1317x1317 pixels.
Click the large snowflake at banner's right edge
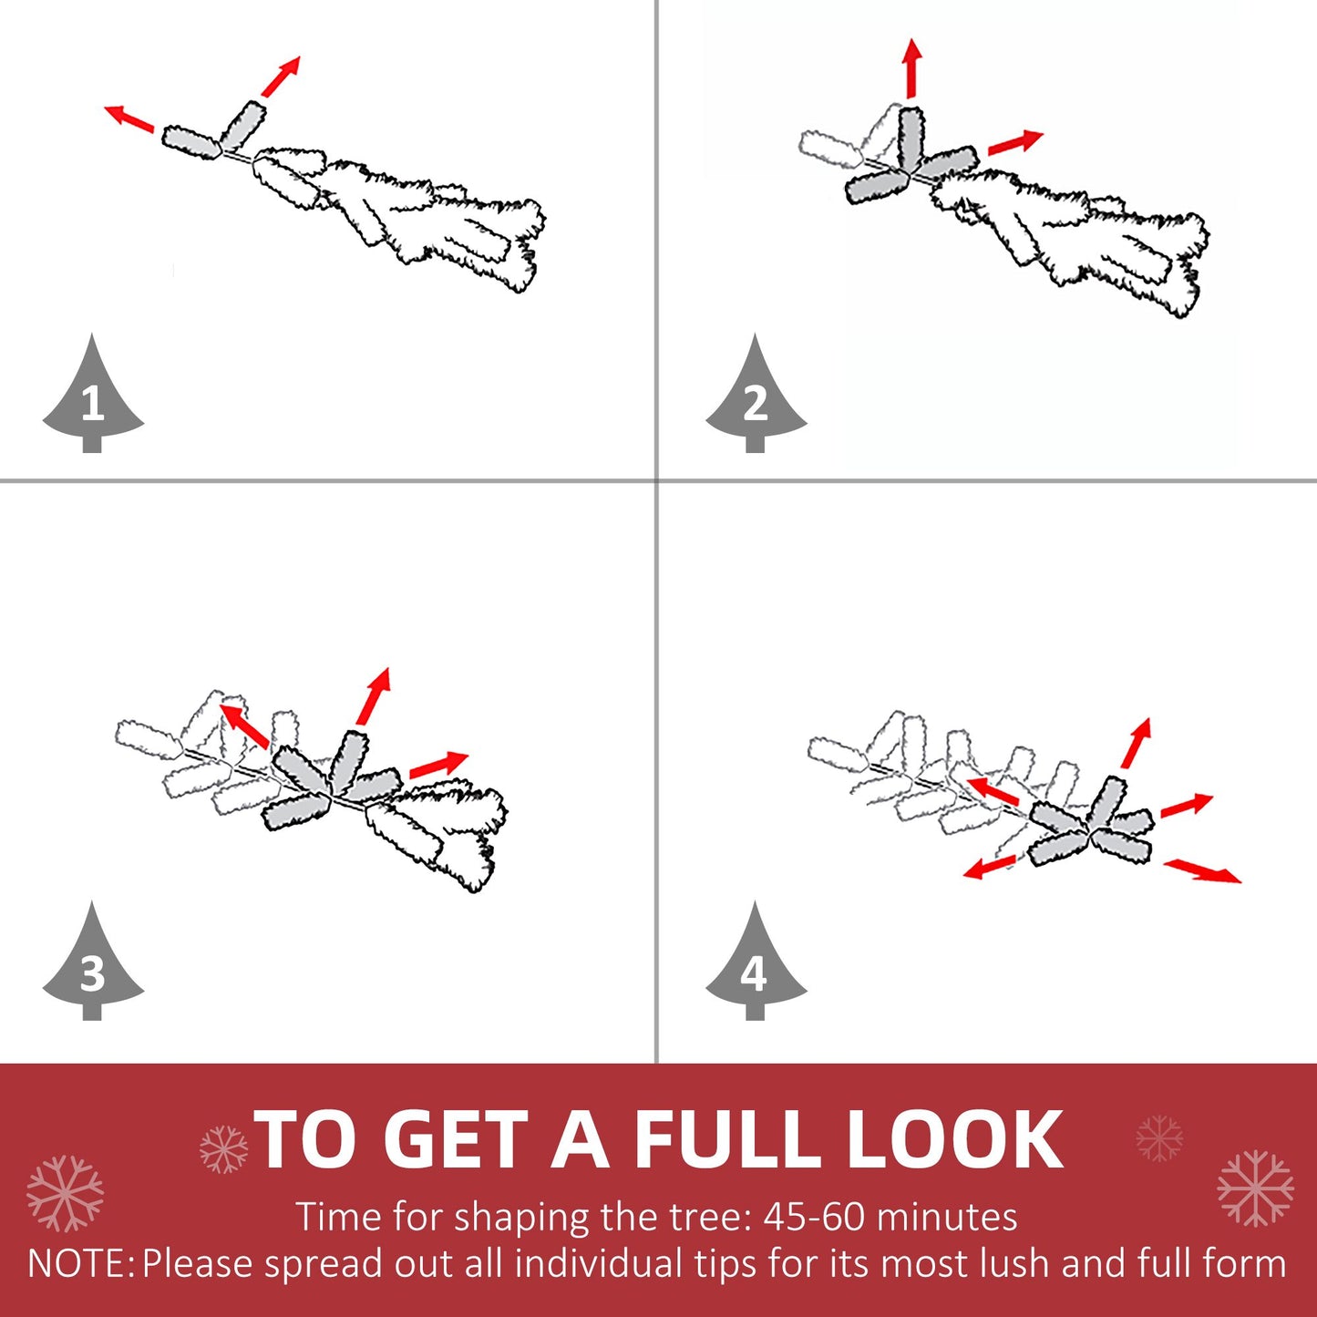1255,1188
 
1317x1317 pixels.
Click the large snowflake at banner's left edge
64,1193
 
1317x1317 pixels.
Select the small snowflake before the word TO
223,1148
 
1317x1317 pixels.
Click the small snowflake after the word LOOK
1159,1137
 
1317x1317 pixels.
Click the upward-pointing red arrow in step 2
911,67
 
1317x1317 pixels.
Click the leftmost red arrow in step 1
129,118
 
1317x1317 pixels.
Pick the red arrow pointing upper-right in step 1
281,76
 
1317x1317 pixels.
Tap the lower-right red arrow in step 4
1202,869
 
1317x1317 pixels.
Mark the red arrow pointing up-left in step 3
244,725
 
